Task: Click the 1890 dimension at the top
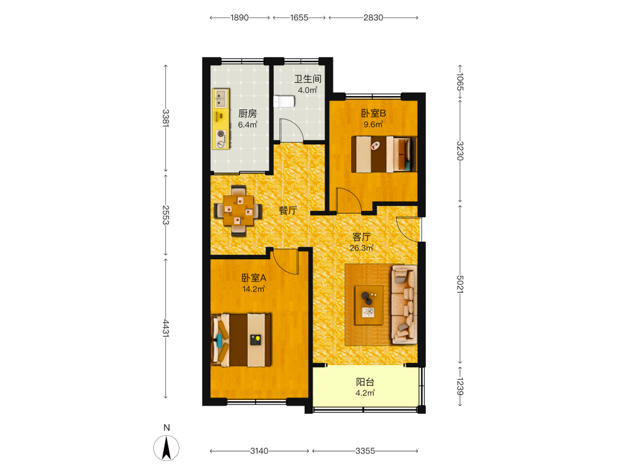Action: click(239, 18)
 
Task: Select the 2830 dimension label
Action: click(373, 18)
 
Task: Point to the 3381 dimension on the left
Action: click(166, 118)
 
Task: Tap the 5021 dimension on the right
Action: click(460, 284)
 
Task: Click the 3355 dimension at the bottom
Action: click(365, 451)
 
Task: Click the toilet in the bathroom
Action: click(284, 101)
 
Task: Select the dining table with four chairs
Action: click(238, 210)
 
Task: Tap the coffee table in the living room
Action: click(369, 305)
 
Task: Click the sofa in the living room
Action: click(404, 305)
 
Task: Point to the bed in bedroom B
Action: click(384, 154)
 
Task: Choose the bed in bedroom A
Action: click(241, 340)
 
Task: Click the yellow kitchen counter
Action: click(220, 119)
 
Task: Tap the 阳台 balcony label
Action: click(365, 382)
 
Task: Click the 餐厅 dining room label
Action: click(288, 210)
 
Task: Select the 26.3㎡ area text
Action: click(361, 248)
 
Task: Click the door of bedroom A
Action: click(286, 262)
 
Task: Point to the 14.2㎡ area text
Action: click(254, 289)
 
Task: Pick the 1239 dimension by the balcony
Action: click(460, 386)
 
